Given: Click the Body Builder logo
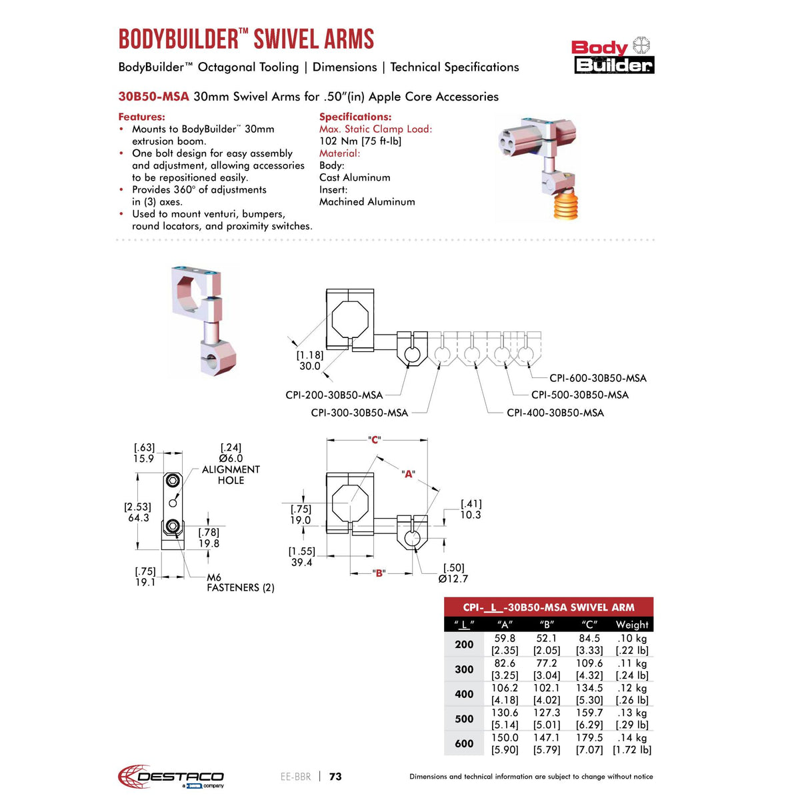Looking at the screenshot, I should click(613, 55).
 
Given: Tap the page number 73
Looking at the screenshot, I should click(335, 777).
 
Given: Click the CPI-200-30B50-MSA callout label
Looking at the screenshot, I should click(334, 395).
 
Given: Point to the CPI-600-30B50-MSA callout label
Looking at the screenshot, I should click(597, 378).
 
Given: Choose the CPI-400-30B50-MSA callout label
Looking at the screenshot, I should click(555, 413).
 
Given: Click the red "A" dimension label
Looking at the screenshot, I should click(408, 474).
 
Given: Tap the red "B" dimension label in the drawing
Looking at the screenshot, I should click(379, 573).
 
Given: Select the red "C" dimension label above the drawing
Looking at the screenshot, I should click(375, 440).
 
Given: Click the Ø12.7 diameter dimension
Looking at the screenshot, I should click(453, 579).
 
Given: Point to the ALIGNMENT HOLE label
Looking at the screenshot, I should click(231, 475).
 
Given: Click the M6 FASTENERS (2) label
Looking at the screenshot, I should click(240, 583).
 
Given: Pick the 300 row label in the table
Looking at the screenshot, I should click(464, 669).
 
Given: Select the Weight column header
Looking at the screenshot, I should click(631, 625).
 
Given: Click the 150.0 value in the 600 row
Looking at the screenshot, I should click(505, 738).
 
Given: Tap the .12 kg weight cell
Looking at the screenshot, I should click(631, 688).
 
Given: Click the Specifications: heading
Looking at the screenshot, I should click(355, 117).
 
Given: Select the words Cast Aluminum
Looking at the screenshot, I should click(355, 177).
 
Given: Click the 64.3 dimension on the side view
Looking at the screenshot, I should click(139, 518).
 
